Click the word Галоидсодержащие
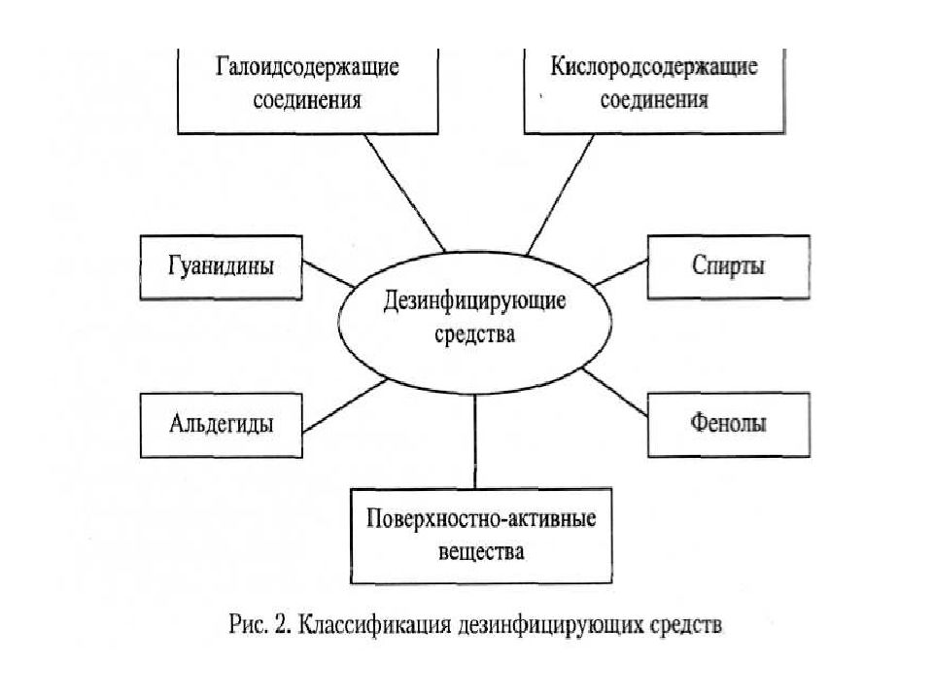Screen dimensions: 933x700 pyautogui.click(x=307, y=67)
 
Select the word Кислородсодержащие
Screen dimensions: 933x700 pyautogui.click(x=654, y=67)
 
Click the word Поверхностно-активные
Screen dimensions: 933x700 pyautogui.click(x=481, y=519)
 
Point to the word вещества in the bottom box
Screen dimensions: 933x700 pyautogui.click(x=481, y=551)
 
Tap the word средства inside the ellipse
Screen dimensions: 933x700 pyautogui.click(x=474, y=333)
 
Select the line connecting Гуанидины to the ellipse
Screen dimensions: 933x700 pyautogui.click(x=329, y=274)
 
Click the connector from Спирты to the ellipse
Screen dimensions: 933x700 pyautogui.click(x=621, y=272)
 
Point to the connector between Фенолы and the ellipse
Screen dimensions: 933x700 pyautogui.click(x=614, y=392)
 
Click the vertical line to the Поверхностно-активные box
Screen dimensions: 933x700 pyautogui.click(x=475, y=441)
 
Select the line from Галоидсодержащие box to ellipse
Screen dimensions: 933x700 pyautogui.click(x=404, y=192)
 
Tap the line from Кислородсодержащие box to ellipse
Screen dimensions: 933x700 pyautogui.click(x=561, y=194)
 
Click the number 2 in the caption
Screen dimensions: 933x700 pyautogui.click(x=281, y=625)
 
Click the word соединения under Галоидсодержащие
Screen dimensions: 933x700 pyautogui.click(x=307, y=100)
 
